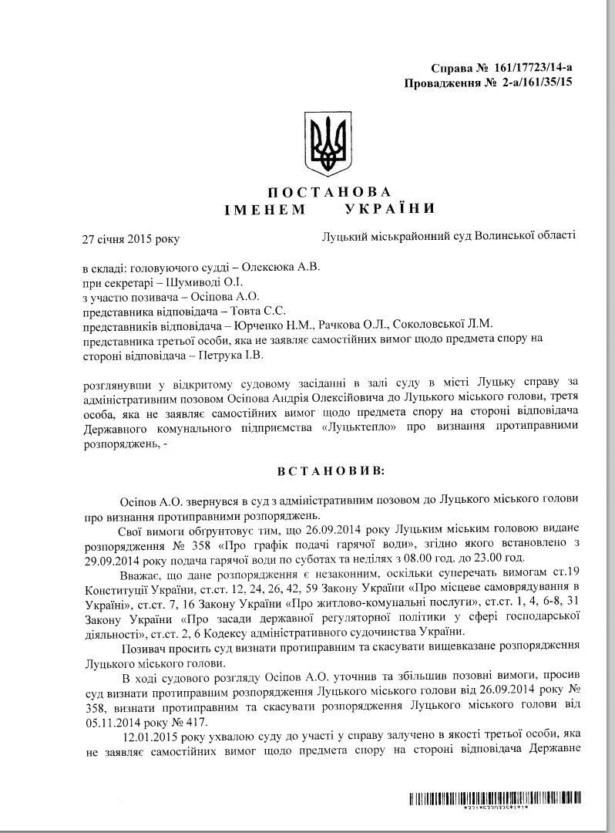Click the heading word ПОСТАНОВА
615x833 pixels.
[x=319, y=191]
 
